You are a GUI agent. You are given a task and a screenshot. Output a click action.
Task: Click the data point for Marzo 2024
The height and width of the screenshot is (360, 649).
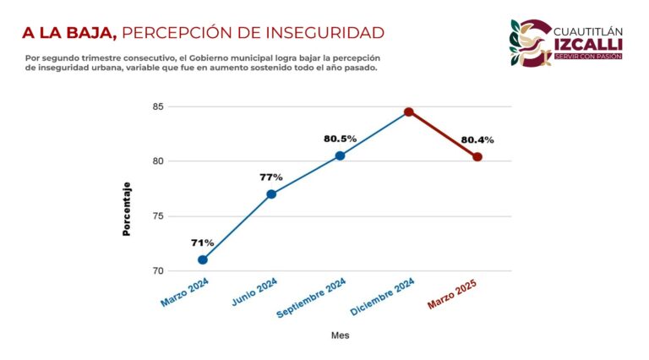point(203,259)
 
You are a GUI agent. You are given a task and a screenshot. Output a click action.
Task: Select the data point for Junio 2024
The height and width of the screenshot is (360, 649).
point(271,194)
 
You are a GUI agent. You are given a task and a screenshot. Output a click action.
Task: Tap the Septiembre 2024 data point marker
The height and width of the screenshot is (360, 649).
point(340,155)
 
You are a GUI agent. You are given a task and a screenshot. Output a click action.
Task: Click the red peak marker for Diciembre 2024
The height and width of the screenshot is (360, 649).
point(409,112)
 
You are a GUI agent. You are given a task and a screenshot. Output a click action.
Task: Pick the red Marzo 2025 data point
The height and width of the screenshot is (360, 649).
point(477,156)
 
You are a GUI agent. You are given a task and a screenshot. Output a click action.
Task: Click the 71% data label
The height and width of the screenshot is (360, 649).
point(203,243)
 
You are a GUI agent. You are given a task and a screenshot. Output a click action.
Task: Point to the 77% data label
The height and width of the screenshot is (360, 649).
point(271,177)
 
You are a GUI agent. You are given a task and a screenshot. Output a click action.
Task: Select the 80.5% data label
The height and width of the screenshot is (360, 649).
point(340,139)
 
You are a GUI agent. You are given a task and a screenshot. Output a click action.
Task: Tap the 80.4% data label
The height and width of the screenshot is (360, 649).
point(477,139)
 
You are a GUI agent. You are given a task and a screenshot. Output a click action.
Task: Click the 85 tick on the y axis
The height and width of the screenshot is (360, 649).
point(158,106)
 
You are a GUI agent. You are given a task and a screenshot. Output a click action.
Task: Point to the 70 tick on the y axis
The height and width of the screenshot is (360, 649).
point(158,271)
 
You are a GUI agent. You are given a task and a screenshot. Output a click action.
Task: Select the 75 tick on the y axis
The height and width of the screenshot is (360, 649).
point(158,216)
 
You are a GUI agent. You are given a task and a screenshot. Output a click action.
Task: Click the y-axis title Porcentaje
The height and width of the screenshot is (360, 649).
point(127,209)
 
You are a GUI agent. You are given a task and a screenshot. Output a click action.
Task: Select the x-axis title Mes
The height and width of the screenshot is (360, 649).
point(340,335)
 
